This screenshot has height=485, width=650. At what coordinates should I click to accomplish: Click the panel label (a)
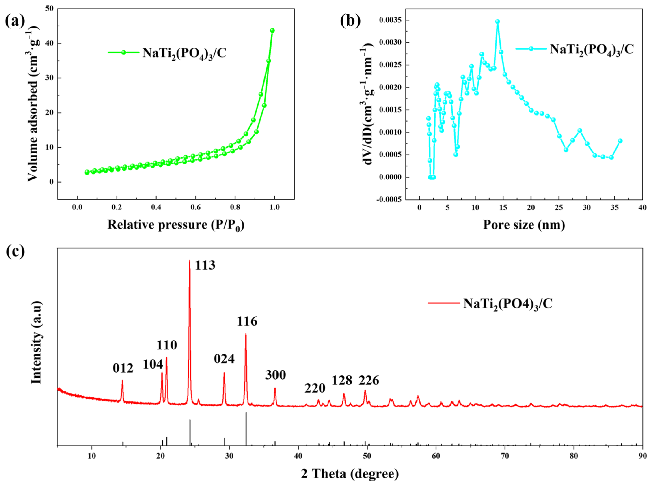(15, 21)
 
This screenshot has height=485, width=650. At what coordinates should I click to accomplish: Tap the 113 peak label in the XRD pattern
(205, 265)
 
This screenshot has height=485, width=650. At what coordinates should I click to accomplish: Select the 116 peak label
(247, 321)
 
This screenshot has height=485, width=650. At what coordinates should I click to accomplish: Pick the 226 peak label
(368, 381)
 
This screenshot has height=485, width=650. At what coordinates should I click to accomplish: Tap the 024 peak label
(224, 359)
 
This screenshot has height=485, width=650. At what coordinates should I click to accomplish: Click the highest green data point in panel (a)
(272, 30)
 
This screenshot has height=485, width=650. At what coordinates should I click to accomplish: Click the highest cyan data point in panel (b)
(498, 21)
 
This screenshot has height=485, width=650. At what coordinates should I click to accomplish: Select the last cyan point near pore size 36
(620, 141)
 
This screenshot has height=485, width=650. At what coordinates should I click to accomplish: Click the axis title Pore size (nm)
(524, 225)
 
